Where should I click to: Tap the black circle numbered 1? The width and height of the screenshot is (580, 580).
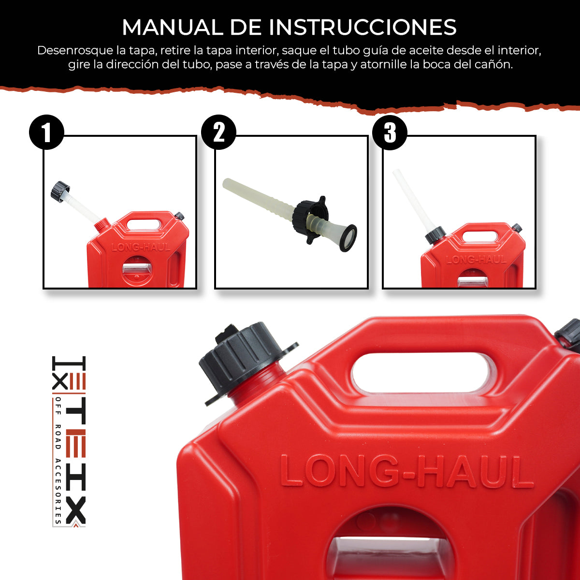coord(46,132)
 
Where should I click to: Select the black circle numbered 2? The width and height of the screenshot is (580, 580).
coord(218,132)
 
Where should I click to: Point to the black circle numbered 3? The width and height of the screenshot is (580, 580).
coord(390,132)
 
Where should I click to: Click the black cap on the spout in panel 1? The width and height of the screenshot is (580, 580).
coord(60,190)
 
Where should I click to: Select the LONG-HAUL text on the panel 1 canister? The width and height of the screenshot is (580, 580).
coord(141,247)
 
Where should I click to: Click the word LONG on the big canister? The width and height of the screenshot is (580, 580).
coord(338,471)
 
